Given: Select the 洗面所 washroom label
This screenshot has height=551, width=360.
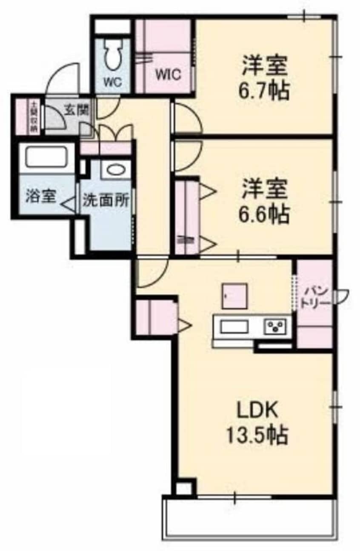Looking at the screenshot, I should (x=106, y=200).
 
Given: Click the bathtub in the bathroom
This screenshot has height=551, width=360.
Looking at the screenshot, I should (x=46, y=157).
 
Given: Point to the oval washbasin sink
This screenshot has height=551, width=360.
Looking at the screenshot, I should (x=116, y=170).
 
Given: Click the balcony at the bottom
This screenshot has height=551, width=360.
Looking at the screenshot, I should (x=249, y=521).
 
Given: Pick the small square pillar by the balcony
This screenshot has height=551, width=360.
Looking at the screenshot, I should (x=184, y=488).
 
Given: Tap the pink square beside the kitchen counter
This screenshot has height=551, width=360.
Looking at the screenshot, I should (x=234, y=297).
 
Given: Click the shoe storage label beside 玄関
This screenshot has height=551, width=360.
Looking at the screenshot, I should (x=33, y=117).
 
